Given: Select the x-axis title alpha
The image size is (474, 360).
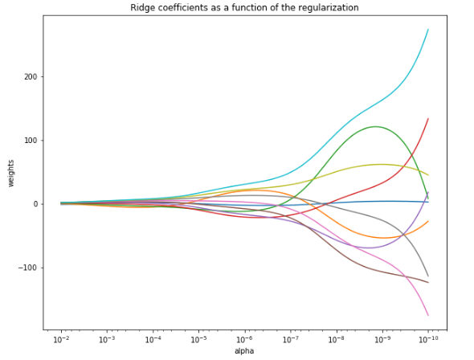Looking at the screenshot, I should (244, 351).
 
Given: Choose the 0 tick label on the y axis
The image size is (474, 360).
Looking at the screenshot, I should (35, 204).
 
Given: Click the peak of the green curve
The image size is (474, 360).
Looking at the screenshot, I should (376, 126).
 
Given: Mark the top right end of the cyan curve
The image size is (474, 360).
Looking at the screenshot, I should (428, 30).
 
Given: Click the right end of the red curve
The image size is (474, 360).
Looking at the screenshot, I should (428, 119).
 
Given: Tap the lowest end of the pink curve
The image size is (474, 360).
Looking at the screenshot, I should (428, 315).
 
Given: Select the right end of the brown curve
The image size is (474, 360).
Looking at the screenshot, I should (428, 282).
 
